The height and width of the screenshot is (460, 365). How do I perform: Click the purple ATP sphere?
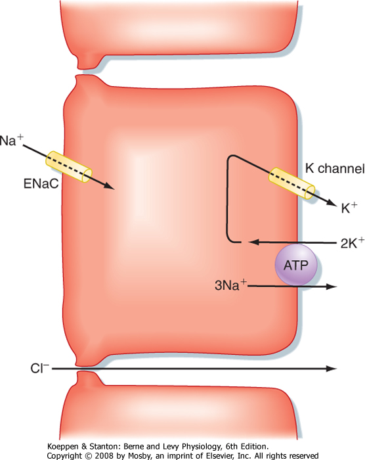click(296, 265)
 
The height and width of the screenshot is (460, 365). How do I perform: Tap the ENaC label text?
click(41, 183)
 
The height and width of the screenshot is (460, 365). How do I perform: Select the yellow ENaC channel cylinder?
click(69, 167)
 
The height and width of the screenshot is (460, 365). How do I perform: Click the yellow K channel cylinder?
click(292, 183)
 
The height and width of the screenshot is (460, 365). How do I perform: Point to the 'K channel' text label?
click(335, 169)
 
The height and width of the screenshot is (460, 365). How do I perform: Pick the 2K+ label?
click(353, 243)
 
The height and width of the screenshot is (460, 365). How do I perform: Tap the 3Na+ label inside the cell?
click(230, 285)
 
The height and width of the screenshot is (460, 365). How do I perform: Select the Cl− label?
click(39, 368)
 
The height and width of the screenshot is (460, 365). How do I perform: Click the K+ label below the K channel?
click(349, 208)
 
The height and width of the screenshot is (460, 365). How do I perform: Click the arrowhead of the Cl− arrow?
click(332, 369)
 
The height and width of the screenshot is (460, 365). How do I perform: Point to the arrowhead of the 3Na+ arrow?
click(332, 287)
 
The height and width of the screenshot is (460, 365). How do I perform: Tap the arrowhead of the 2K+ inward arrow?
click(253, 242)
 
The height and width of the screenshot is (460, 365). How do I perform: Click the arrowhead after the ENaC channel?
click(109, 185)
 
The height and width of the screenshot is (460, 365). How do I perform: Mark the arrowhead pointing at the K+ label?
click(330, 202)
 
